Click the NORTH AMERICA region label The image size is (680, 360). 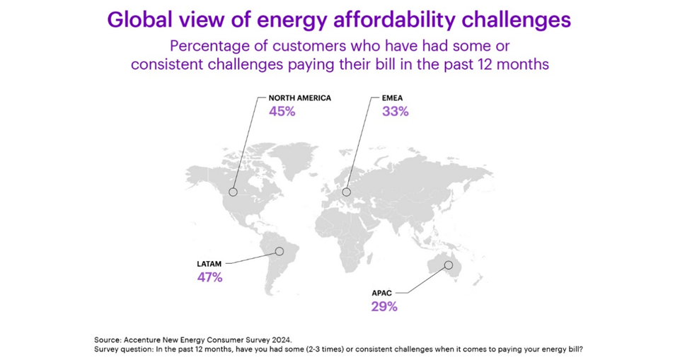click(x=299, y=98)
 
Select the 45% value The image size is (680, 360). click(x=282, y=112)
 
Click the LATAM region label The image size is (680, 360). click(x=209, y=264)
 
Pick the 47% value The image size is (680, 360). click(x=209, y=278)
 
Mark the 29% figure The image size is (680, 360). click(x=384, y=307)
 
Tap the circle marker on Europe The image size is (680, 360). click(x=347, y=192)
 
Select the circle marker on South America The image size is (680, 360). click(x=280, y=251)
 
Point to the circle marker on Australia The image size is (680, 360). click(x=448, y=265)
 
